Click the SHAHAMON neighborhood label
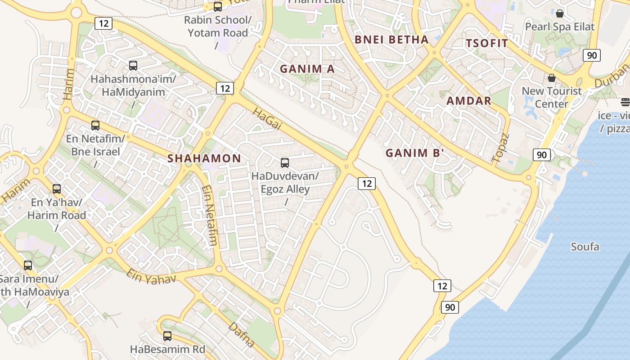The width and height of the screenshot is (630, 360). (204, 158)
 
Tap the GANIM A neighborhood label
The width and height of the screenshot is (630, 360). (307, 69)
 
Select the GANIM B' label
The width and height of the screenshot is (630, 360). (415, 153)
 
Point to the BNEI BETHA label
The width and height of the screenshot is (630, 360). (391, 40)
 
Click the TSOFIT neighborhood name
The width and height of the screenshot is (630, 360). (487, 44)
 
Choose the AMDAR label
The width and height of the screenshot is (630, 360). (469, 101)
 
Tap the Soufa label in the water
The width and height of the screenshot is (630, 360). (585, 247)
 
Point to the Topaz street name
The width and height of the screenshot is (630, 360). (500, 148)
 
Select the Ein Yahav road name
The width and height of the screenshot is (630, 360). (151, 276)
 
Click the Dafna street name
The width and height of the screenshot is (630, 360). (242, 334)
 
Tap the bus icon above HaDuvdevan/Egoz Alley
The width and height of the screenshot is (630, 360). (285, 163)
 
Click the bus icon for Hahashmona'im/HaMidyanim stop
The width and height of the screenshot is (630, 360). (133, 66)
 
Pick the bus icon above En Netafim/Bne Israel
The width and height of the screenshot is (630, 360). (95, 126)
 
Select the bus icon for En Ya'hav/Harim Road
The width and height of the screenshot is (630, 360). (57, 189)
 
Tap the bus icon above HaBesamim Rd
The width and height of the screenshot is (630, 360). (167, 336)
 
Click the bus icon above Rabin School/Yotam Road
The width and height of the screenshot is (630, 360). (218, 7)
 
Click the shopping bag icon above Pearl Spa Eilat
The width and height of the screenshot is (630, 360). (560, 13)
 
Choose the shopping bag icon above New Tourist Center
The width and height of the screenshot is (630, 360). (552, 78)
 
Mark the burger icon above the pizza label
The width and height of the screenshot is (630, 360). (625, 102)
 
